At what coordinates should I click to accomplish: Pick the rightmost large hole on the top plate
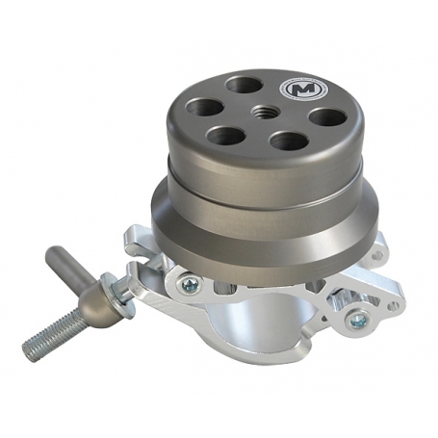pyautogui.click(x=328, y=118)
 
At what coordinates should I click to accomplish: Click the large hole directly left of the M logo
pyautogui.click(x=244, y=85)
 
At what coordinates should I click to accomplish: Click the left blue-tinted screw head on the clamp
pyautogui.click(x=192, y=284)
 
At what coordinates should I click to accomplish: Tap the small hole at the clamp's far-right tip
pyautogui.click(x=392, y=306)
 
